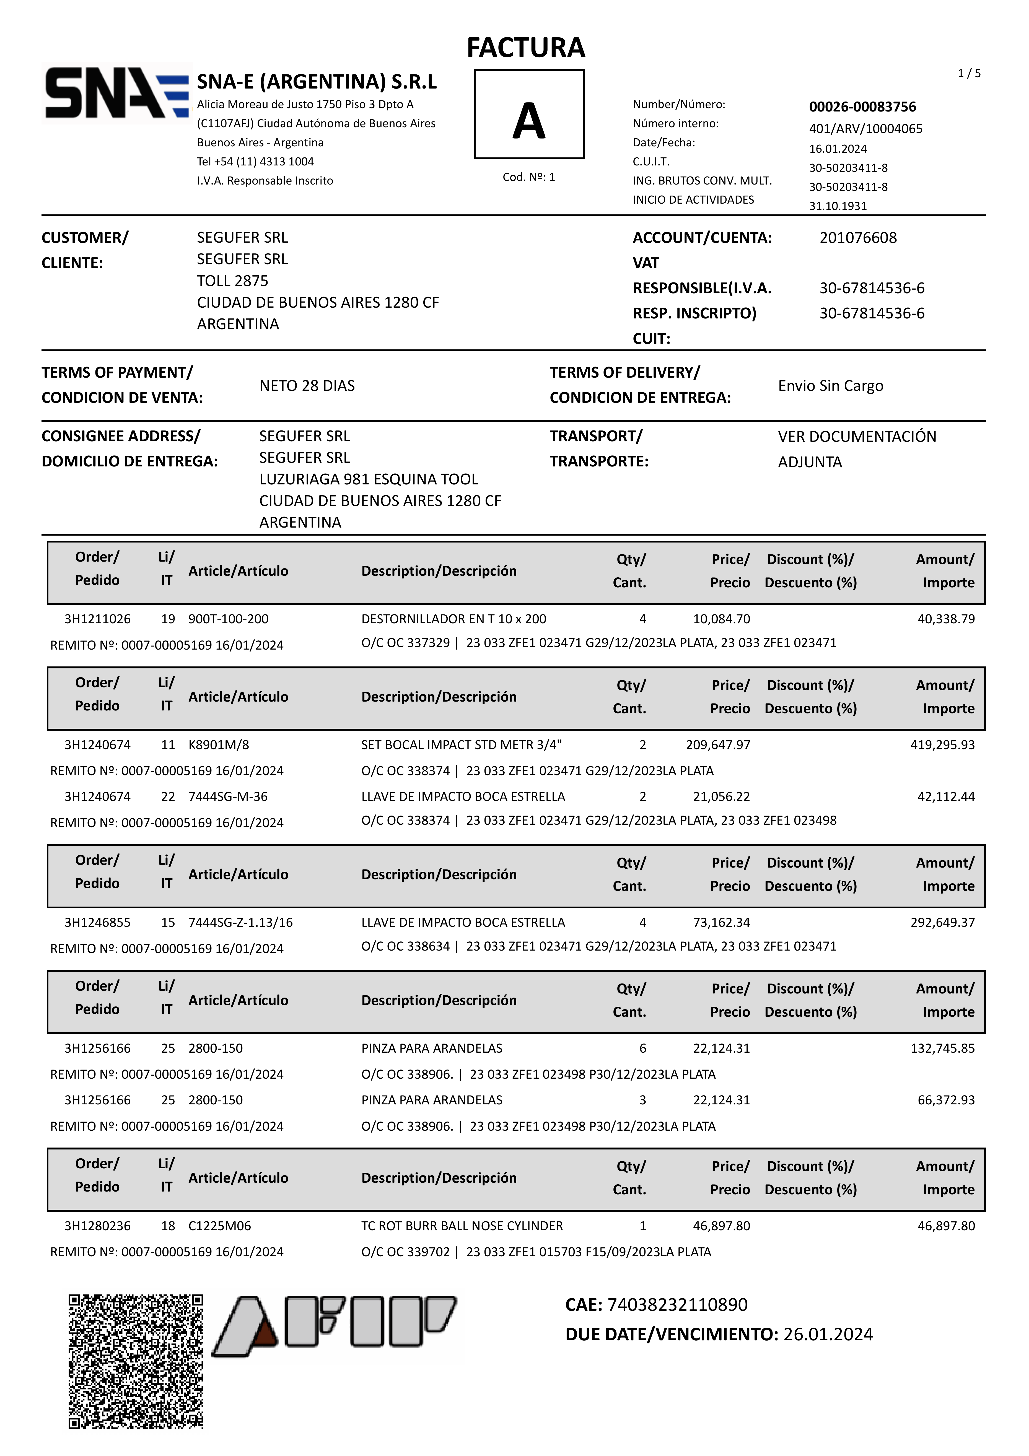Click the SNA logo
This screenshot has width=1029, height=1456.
pos(116,93)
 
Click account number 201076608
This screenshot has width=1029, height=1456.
pos(858,238)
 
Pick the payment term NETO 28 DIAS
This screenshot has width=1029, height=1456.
pos(307,386)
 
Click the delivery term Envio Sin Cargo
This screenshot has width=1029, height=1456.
pos(830,386)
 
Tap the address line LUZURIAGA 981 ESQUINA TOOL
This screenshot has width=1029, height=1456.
pos(369,479)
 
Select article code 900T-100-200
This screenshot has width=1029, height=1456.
pos(228,619)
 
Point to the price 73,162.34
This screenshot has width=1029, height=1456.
pos(721,922)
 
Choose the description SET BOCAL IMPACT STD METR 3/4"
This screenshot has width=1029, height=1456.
pos(461,744)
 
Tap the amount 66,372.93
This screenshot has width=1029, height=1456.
pos(946,1100)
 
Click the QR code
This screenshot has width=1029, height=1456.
pos(136,1361)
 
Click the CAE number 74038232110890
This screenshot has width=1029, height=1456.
pos(677,1304)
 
